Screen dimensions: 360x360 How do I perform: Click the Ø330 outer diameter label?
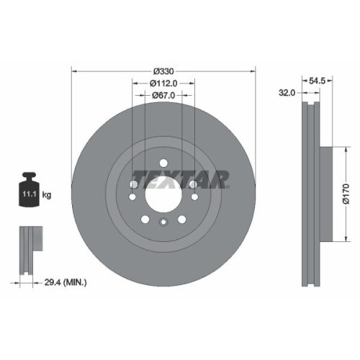click(x=164, y=71)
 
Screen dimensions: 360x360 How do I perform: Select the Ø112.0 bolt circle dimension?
click(x=164, y=84)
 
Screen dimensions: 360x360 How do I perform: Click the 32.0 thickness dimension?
click(x=287, y=93)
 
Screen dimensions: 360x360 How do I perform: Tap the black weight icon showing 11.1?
click(x=30, y=191)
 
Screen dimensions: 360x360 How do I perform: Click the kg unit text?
click(x=48, y=195)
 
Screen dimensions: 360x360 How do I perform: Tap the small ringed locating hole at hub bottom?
click(x=163, y=222)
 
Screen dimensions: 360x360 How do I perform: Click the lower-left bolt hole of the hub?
click(x=145, y=219)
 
